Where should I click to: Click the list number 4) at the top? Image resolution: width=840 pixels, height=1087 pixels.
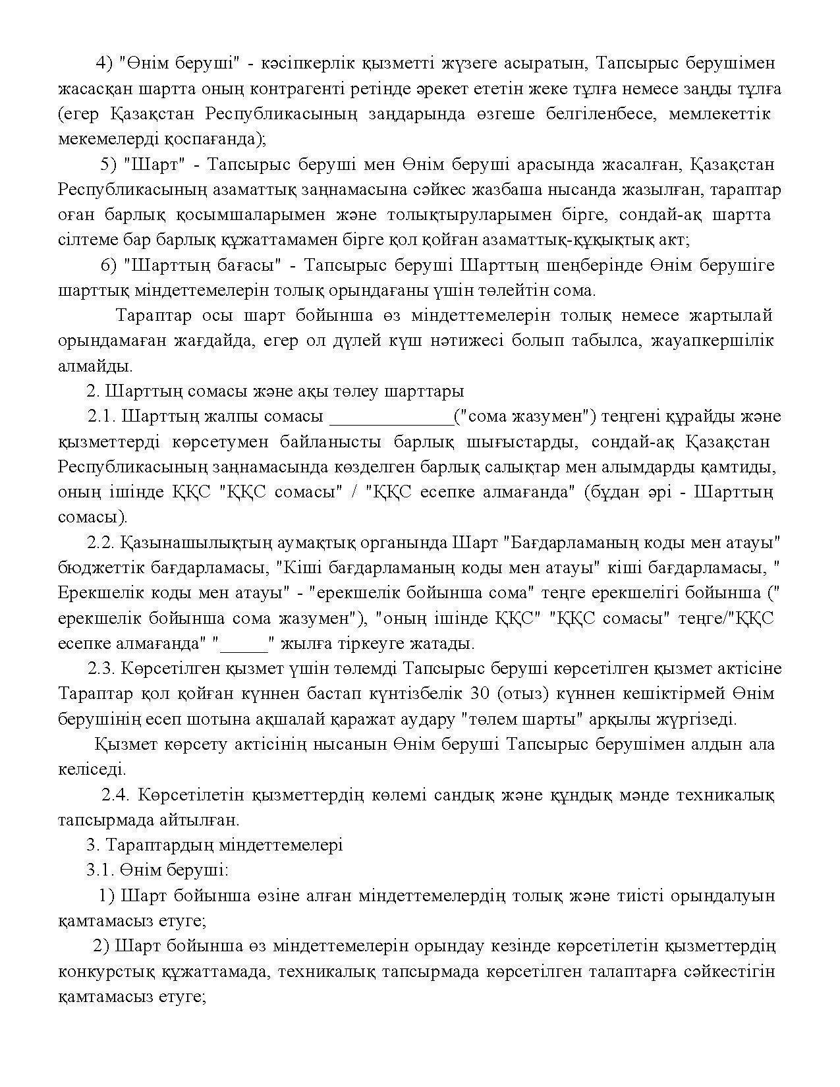(105, 63)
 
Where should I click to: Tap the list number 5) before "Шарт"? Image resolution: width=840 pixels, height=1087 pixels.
(108, 164)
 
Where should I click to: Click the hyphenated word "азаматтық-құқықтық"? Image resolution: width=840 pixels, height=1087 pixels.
(569, 240)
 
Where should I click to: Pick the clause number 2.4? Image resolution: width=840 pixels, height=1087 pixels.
(116, 794)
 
